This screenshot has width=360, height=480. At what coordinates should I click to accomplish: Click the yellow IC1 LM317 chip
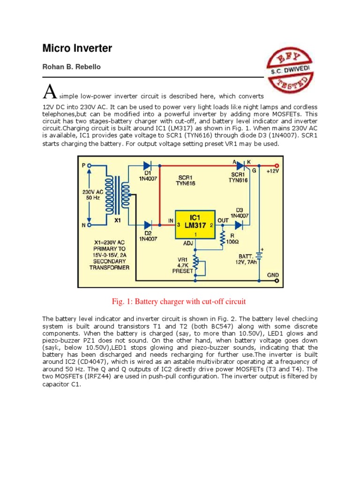(195, 225)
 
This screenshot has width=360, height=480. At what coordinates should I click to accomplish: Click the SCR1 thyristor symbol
(240, 165)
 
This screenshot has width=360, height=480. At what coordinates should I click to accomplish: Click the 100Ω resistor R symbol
(223, 240)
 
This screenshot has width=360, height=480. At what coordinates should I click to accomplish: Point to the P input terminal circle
(89, 165)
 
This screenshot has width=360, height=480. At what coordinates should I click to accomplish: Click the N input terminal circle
(89, 225)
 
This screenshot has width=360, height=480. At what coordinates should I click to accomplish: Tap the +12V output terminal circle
(277, 165)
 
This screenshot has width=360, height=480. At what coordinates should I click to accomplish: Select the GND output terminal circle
(277, 281)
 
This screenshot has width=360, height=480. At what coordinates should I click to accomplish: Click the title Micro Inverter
(77, 48)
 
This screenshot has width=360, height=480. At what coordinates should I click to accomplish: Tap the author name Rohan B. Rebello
(72, 67)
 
